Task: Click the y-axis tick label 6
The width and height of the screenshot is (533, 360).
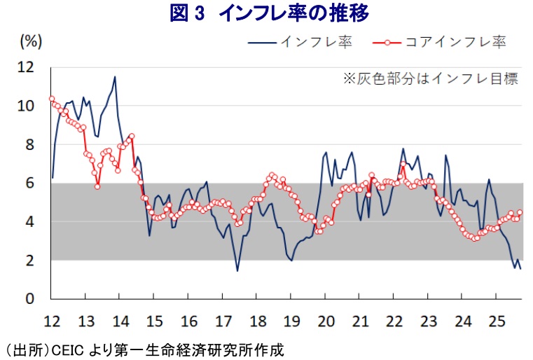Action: click(x=30, y=184)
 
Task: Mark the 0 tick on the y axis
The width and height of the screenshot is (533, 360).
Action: click(x=30, y=299)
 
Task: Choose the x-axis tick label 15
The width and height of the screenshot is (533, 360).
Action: click(x=153, y=321)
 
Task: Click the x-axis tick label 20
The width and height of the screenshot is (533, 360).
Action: click(x=325, y=321)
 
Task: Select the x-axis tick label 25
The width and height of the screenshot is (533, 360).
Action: click(x=497, y=321)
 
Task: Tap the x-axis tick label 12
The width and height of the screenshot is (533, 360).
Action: click(x=51, y=321)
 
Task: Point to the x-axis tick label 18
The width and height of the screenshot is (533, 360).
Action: click(x=256, y=321)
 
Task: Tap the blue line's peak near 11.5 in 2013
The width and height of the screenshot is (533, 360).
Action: click(x=115, y=77)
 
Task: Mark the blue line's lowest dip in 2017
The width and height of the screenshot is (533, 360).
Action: click(x=237, y=270)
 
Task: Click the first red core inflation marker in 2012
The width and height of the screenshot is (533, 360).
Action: click(x=52, y=99)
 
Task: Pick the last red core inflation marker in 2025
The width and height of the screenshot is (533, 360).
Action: click(x=520, y=213)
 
